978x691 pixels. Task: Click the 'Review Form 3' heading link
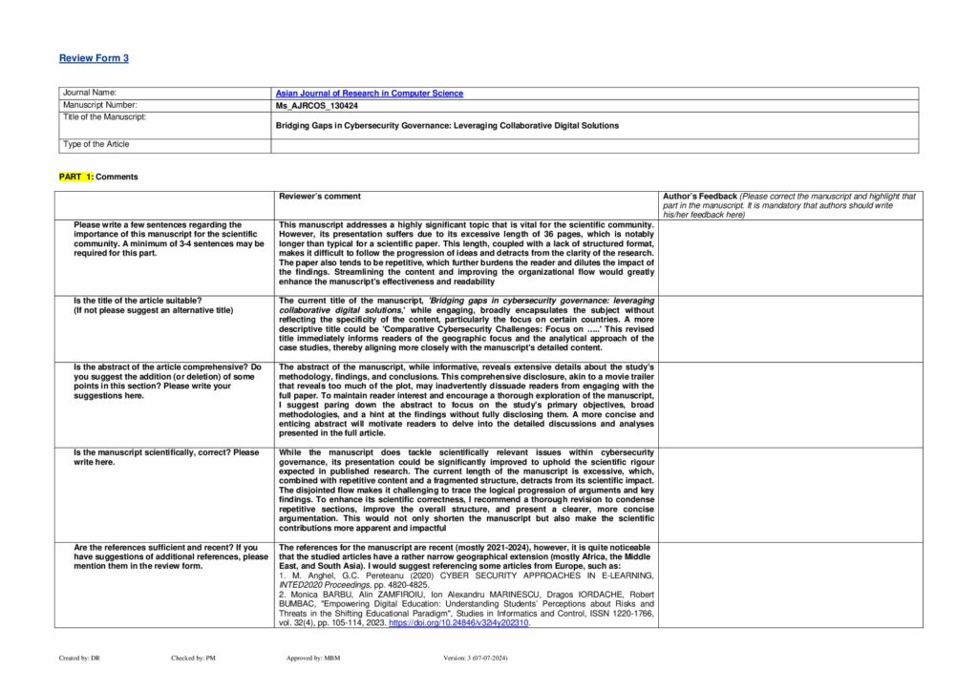(94, 58)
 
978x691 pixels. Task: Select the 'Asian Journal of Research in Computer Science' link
(370, 94)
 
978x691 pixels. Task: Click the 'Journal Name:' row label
(89, 94)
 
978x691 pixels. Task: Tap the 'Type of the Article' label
(96, 144)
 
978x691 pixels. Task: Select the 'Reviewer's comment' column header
(320, 197)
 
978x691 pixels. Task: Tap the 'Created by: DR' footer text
(73, 659)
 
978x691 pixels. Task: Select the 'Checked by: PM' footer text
(193, 659)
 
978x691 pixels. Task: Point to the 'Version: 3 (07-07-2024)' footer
(483, 659)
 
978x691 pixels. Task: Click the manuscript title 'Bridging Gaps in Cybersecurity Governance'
(447, 125)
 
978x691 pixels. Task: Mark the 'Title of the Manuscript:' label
(104, 116)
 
